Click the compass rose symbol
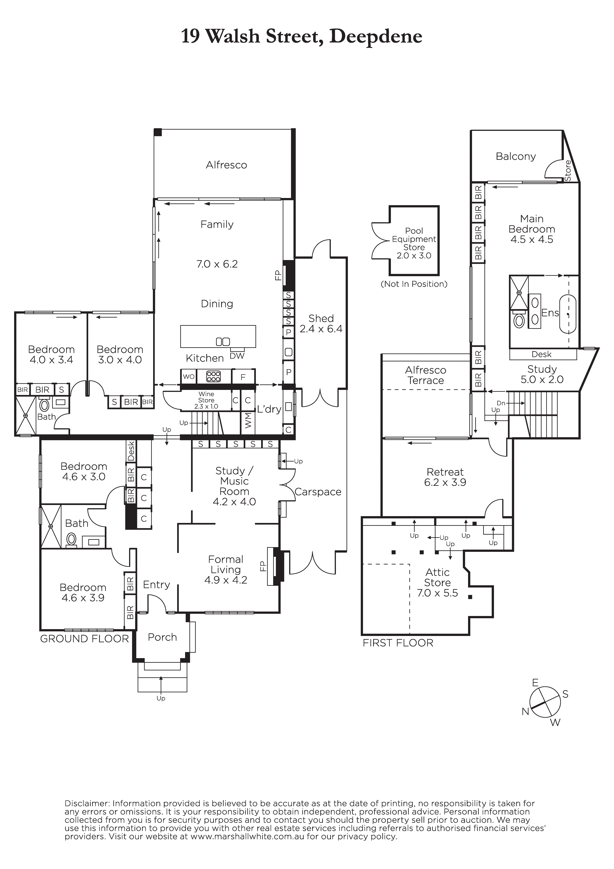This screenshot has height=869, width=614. coord(545,702)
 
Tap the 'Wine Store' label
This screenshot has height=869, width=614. coord(206,397)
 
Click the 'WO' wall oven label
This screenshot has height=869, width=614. coord(189,377)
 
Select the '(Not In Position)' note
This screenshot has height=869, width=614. coord(414,284)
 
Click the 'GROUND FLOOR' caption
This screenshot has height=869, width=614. coord(84,639)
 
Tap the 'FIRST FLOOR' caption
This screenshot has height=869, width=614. coord(398,643)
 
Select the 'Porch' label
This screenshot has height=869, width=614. coord(162,637)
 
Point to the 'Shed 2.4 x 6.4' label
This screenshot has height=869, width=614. coord(321,324)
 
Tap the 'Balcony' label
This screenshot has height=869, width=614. coord(516,157)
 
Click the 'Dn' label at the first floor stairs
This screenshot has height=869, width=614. coord(501,403)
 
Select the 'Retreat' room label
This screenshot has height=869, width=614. coord(445,472)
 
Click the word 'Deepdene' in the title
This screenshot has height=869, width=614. coord(376,37)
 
